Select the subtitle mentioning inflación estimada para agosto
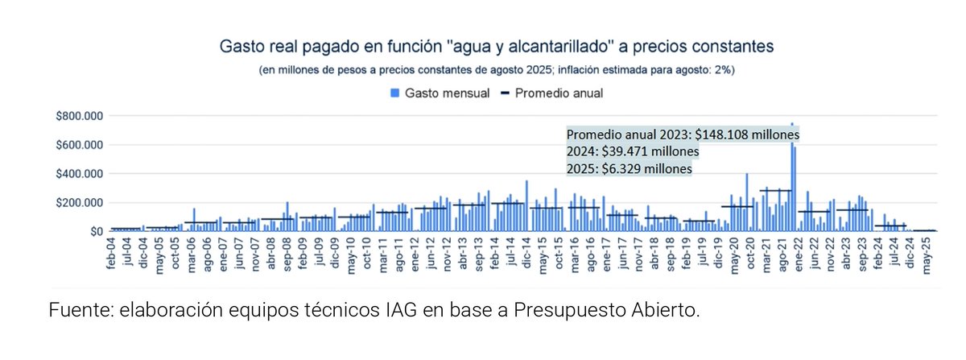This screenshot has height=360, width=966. pos(497,70)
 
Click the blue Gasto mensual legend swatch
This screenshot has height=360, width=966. pos(394,93)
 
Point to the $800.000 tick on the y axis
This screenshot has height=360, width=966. pos(78,116)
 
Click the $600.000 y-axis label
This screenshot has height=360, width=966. pos(78,145)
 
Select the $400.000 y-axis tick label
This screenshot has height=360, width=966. pos(78,174)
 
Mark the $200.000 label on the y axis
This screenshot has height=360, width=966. pos(78,203)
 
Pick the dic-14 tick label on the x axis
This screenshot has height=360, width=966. pos(526,256)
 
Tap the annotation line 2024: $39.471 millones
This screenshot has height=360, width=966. pos(632,151)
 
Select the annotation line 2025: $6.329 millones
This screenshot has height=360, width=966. pos(629,169)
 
